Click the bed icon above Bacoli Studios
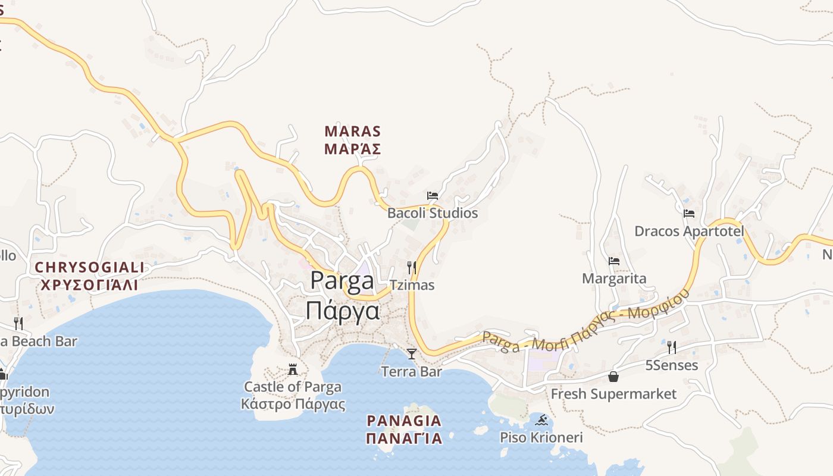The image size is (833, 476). [433, 195]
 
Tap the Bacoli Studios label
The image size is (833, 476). [433, 213]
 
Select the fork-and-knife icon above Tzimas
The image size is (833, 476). [411, 267]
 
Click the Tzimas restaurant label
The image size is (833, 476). [412, 285]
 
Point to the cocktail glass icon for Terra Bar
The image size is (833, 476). [411, 354]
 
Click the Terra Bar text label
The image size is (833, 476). [411, 372]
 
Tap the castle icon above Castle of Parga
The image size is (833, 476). [293, 369]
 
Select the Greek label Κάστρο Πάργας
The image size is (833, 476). [293, 405]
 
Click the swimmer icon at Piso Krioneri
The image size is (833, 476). [541, 421]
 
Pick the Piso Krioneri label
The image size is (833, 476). [541, 438]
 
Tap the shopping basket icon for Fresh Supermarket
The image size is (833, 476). [613, 377]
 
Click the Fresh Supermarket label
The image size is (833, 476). [613, 394]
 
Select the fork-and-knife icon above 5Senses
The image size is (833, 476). [672, 347]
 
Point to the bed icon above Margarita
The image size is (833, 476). [614, 261]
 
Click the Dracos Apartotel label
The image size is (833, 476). [689, 231]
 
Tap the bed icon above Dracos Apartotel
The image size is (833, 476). [689, 213]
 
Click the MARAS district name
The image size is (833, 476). [353, 131]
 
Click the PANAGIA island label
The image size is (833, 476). [404, 421]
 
